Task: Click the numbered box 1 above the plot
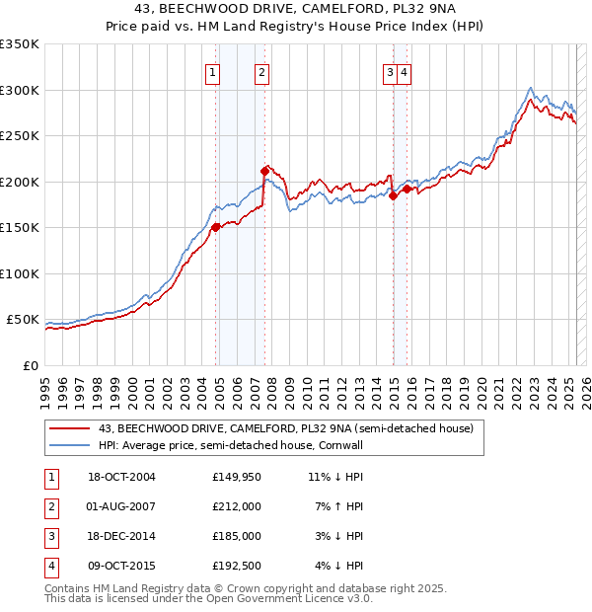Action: click(x=213, y=71)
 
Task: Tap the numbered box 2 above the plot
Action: click(x=261, y=71)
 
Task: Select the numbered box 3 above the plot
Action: click(x=391, y=71)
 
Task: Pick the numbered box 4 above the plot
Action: click(x=405, y=71)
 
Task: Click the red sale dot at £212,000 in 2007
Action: click(x=264, y=171)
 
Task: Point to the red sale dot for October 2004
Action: click(x=216, y=227)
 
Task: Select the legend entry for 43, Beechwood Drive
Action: click(x=286, y=428)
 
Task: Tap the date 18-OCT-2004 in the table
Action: click(x=121, y=478)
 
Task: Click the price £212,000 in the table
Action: click(x=237, y=506)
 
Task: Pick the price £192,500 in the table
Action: click(x=237, y=566)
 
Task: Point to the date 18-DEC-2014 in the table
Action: click(x=121, y=536)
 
